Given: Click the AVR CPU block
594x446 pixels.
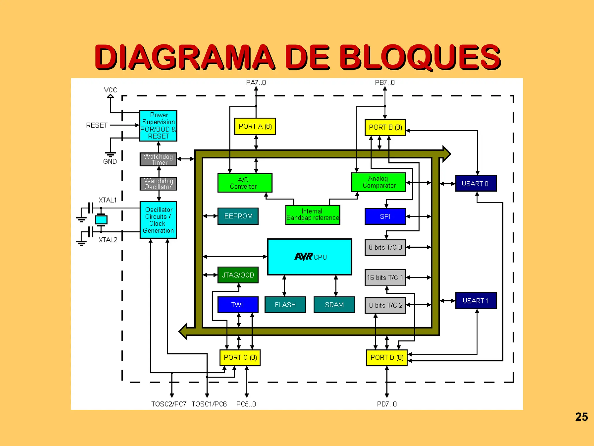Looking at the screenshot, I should [309, 257].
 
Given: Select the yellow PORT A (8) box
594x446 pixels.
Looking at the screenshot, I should [255, 126].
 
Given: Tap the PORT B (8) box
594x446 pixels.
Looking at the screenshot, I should [385, 127].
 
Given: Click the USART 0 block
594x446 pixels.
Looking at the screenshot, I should [476, 184].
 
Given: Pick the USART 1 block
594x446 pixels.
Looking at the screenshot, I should [476, 301].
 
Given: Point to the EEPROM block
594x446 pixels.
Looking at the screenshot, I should [238, 216].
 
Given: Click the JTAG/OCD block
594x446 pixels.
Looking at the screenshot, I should [238, 275].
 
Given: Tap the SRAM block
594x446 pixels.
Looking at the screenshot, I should [334, 305].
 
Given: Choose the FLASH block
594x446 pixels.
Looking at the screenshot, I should [285, 305].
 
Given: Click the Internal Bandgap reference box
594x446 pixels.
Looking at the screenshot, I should [312, 215].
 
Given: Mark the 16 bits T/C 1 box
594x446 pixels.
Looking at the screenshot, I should [385, 278].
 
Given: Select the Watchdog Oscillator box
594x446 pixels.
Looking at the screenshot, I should [158, 184].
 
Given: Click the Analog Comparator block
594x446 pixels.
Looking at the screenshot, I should [379, 182].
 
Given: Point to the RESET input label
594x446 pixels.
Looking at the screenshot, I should [97, 125].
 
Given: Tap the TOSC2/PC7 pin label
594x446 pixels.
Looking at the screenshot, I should [169, 404].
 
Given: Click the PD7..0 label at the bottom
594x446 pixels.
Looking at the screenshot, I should [387, 404].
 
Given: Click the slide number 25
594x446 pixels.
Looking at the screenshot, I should [581, 417].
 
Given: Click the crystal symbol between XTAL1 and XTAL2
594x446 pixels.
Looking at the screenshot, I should [101, 220].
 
